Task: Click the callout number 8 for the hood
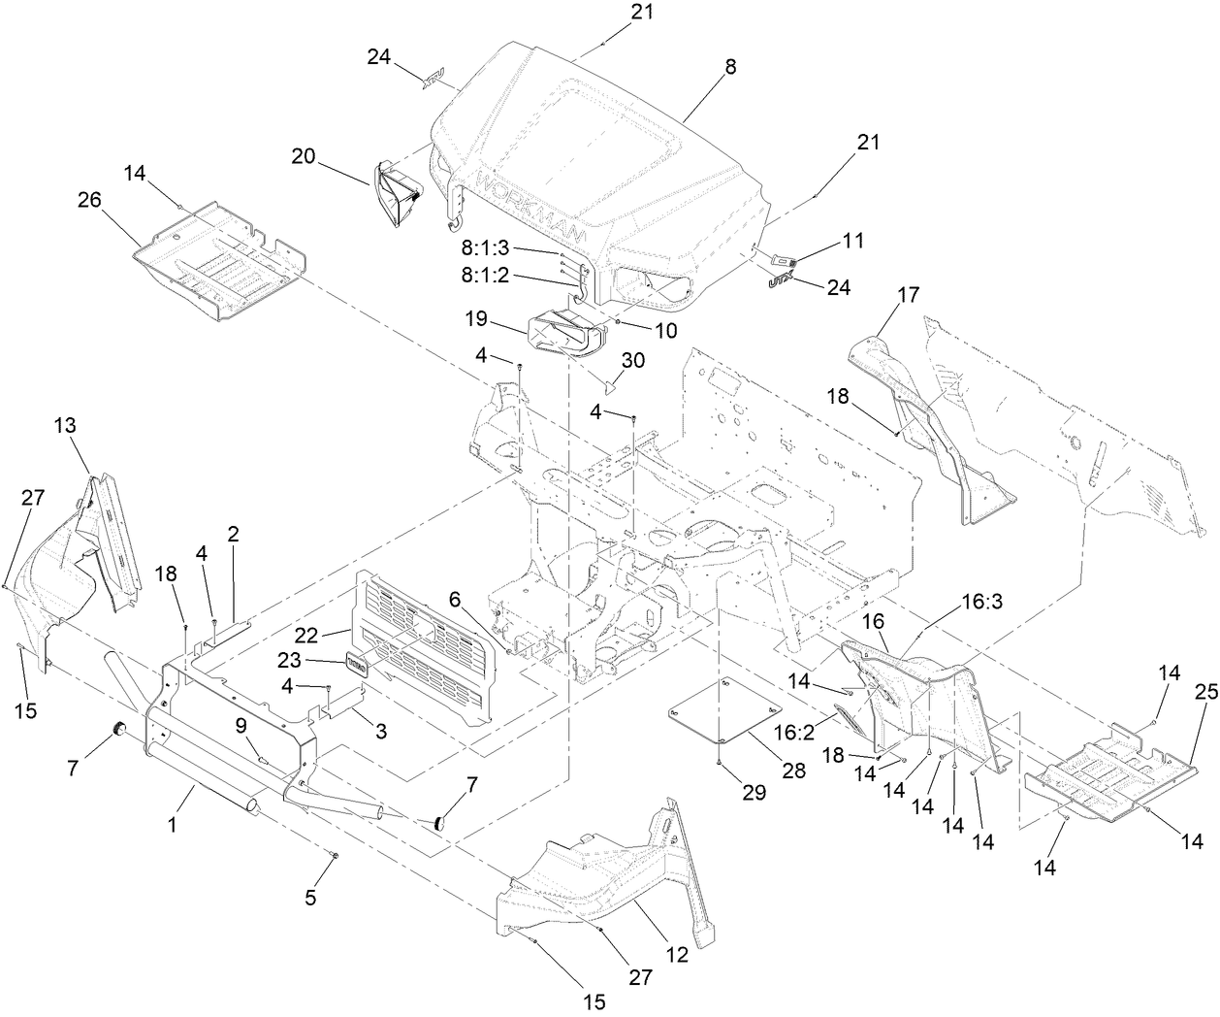click(730, 67)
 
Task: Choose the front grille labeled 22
click(427, 650)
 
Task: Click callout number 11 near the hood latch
click(853, 240)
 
